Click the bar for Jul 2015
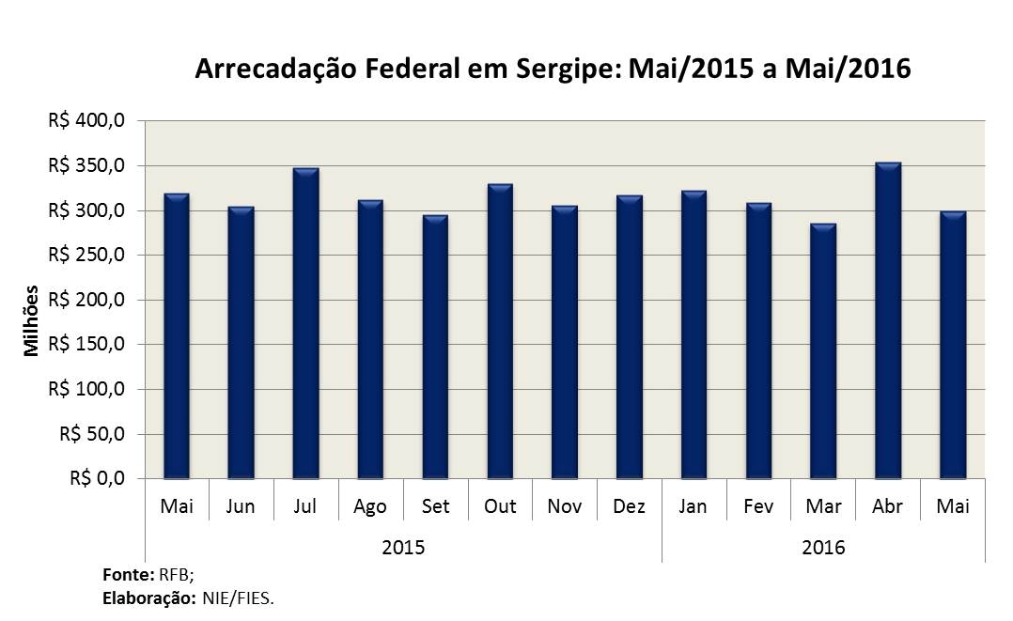click(305, 323)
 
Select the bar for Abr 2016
click(888, 320)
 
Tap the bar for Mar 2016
click(823, 351)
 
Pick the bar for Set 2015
click(435, 347)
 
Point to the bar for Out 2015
click(500, 331)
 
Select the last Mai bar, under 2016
click(953, 345)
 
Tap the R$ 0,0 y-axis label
click(98, 479)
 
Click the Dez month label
click(629, 506)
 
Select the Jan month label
click(694, 506)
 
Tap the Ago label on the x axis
click(370, 506)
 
